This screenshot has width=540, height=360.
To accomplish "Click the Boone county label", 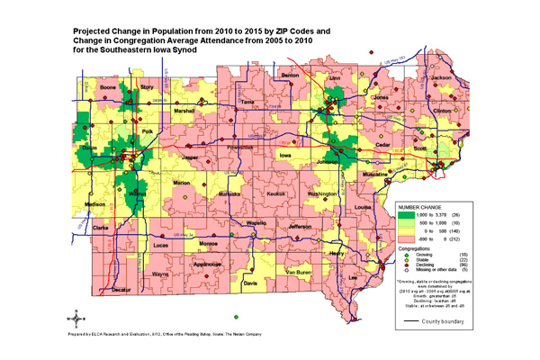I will [x=108, y=87].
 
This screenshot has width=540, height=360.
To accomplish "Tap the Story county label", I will [x=147, y=87].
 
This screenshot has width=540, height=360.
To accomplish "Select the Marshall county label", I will [x=184, y=110].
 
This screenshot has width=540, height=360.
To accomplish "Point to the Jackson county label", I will [x=441, y=78].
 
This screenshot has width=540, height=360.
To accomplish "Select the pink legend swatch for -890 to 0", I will [x=406, y=239].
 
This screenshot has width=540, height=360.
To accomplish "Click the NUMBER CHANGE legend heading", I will [x=418, y=206].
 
